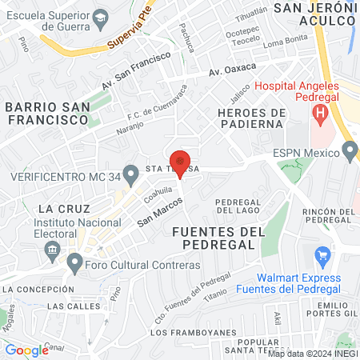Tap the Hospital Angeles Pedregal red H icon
[321, 114]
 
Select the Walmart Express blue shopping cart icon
[323, 257]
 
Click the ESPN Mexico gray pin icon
[350, 150]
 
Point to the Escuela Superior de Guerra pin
[101, 17]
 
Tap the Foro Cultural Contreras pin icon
[75, 262]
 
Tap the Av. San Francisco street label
[136, 71]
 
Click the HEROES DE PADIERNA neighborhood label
[250, 118]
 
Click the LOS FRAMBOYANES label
[186, 332]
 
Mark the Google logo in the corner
[26, 350]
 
